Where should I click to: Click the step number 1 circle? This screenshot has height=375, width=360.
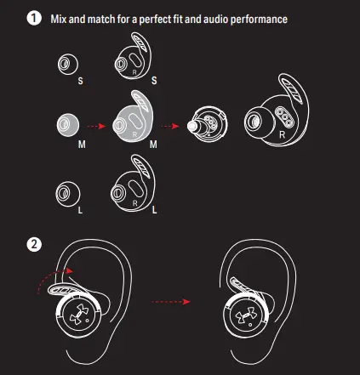[34, 18]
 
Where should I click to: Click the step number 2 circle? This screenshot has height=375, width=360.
[34, 244]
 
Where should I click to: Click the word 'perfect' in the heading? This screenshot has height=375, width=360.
[155, 20]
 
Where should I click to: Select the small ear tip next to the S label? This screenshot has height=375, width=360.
[68, 64]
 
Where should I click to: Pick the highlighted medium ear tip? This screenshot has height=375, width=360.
[68, 125]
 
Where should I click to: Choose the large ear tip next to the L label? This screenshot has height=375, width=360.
[68, 195]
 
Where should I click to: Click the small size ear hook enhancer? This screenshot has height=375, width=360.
[133, 56]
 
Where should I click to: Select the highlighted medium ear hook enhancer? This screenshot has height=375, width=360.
[133, 116]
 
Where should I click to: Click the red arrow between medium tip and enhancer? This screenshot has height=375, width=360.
[96, 126]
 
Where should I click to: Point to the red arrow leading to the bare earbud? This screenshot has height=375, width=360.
[170, 126]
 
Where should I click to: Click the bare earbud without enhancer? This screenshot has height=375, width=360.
[208, 124]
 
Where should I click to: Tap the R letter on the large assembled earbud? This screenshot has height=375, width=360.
[282, 135]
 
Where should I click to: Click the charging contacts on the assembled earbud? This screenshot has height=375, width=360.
[283, 116]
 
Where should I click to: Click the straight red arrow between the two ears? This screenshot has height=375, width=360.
[170, 302]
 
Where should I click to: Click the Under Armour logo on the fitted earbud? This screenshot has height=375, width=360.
[245, 315]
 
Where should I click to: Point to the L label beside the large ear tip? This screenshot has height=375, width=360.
[80, 210]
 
